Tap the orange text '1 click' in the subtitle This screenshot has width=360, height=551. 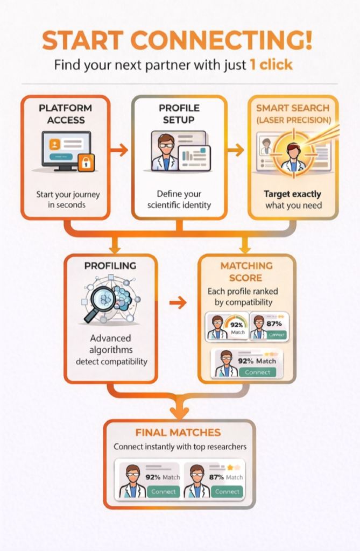coord(271,65)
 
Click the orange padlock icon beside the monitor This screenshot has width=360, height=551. coord(86,162)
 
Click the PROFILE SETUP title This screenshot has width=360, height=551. coord(179,114)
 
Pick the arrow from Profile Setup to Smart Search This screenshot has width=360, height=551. coord(236,150)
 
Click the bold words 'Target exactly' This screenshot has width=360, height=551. coord(292,194)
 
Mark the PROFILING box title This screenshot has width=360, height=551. coord(110,266)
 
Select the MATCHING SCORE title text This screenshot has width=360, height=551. coord(246,272)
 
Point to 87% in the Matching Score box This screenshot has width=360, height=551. coord(274,323)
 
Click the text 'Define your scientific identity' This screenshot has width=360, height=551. coord(180,199)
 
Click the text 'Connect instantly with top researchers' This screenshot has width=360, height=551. coord(180,447)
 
